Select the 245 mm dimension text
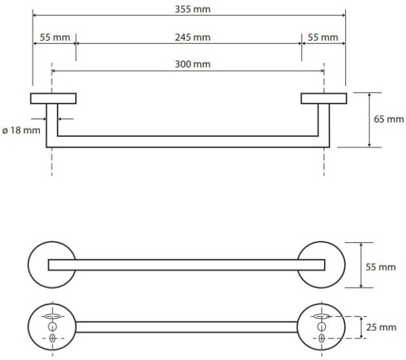pos(188,37)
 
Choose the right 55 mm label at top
pos(323,37)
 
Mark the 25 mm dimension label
pos(382,328)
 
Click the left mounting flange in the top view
pos(53,99)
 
